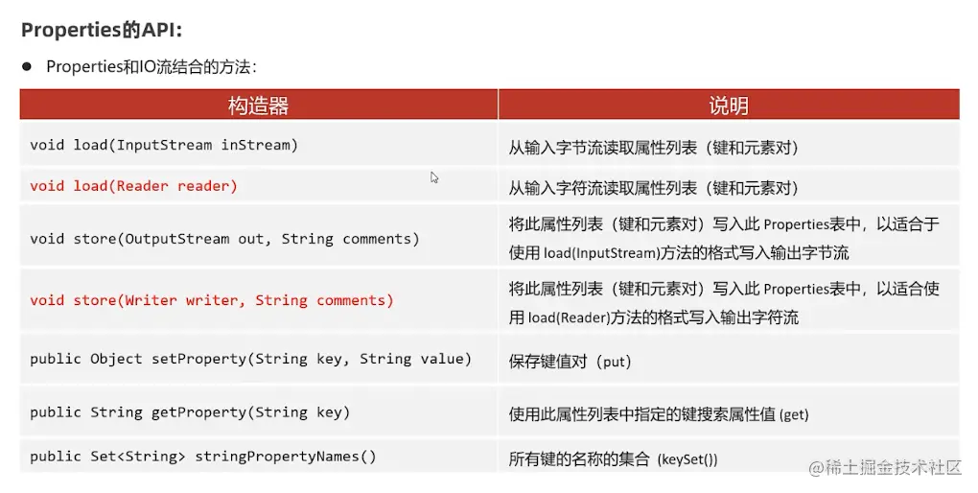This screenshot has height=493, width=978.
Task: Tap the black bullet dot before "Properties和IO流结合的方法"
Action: pos(27,66)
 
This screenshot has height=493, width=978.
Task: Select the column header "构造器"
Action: pos(258,106)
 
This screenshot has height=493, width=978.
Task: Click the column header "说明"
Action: pos(728,106)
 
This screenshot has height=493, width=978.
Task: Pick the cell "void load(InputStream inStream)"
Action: pos(164,146)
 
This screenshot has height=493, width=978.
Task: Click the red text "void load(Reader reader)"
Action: pos(133,186)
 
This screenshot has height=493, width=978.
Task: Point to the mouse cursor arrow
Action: pos(434,177)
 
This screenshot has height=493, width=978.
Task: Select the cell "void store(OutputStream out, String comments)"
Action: pos(224,239)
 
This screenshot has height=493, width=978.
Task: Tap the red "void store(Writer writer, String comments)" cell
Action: pos(212,300)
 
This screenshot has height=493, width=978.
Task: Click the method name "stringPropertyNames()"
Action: pos(286,457)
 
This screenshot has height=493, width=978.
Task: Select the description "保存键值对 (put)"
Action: pos(570,362)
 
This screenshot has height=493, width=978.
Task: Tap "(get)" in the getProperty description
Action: pos(794,415)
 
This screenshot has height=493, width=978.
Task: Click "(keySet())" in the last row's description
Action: pos(687,459)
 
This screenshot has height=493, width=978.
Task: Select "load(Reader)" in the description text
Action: pos(573,317)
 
